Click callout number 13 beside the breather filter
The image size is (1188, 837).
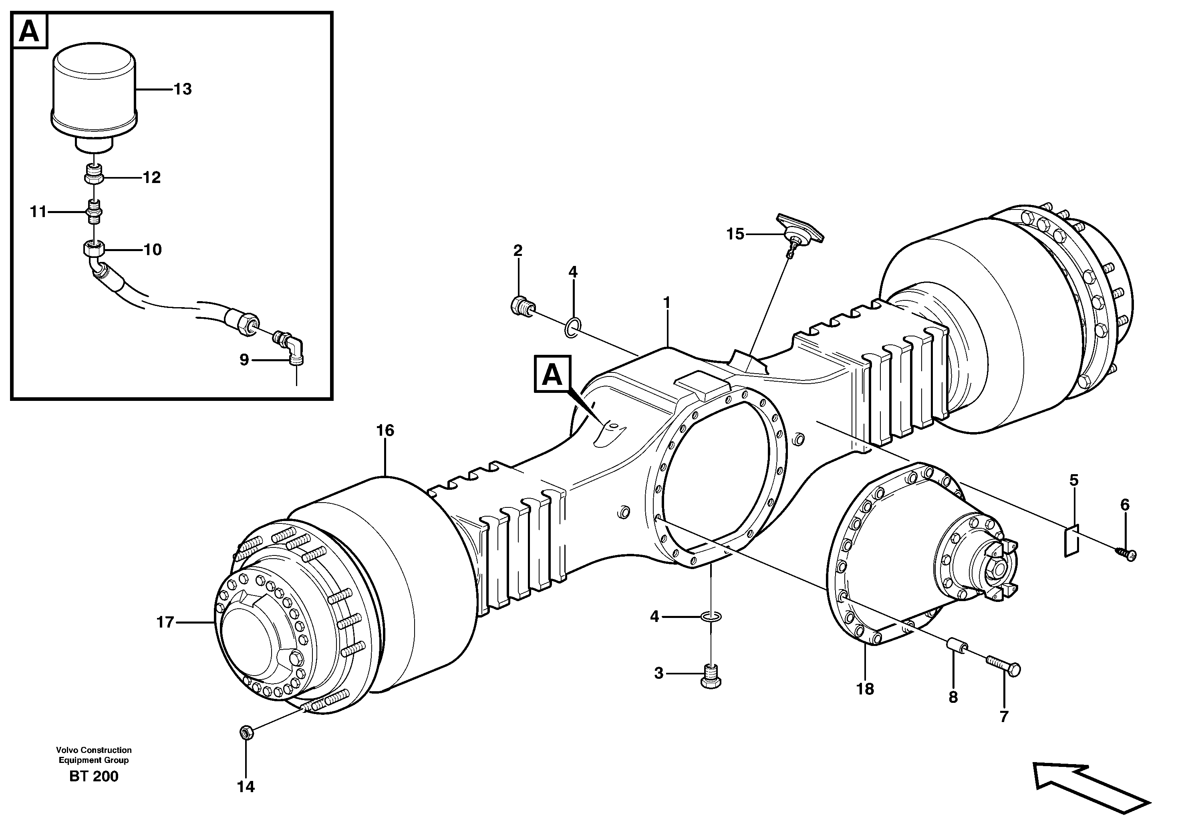point(183,89)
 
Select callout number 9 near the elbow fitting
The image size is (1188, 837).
point(244,360)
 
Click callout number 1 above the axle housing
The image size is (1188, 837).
point(667,303)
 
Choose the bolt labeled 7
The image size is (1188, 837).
point(1003,669)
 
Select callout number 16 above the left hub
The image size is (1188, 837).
point(385,431)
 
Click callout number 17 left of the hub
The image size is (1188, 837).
point(165,622)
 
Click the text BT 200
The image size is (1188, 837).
point(94,777)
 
